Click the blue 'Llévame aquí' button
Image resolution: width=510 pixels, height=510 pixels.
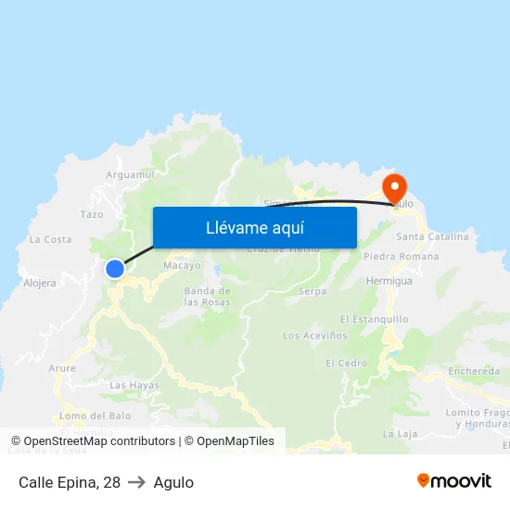254,227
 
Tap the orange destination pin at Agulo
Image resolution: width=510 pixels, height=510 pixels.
396,187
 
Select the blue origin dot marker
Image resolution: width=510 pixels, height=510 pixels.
115,269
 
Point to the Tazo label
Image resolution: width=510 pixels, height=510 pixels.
92,214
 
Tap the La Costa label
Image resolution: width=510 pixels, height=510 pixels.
50,239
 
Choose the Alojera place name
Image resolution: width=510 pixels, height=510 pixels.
39,283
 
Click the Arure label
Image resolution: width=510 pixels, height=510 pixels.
62,368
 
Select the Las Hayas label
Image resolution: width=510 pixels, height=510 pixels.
134,385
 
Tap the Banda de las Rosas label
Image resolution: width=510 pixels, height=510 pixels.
207,297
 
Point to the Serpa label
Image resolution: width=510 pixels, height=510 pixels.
312,291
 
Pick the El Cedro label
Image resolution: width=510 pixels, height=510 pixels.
347,363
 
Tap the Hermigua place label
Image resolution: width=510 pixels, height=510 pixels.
389,280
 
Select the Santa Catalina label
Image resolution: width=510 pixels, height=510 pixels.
432,236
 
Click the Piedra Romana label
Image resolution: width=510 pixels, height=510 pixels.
402,257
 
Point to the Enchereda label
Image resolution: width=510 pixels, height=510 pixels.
474,371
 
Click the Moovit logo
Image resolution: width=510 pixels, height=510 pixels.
454,481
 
